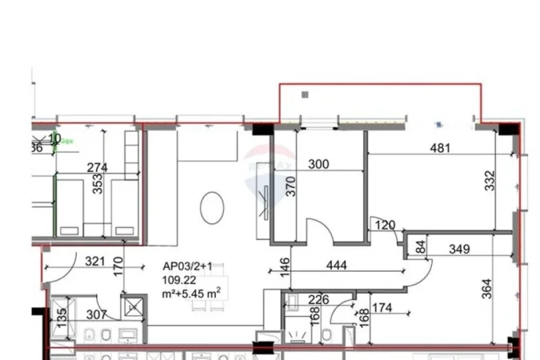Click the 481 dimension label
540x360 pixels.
click(x=440, y=147)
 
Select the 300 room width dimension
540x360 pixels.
click(x=318, y=164)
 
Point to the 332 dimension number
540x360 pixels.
click(x=490, y=181)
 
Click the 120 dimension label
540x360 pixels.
click(x=386, y=226)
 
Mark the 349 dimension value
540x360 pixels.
click(x=459, y=250)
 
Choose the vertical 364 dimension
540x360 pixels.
click(x=487, y=286)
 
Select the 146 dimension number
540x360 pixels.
click(x=285, y=266)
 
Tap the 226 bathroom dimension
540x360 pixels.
click(x=318, y=301)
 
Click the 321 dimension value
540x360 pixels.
click(x=95, y=261)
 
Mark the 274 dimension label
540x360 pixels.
click(x=97, y=167)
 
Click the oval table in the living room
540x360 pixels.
click(x=211, y=207)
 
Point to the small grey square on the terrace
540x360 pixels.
click(x=304, y=94)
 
